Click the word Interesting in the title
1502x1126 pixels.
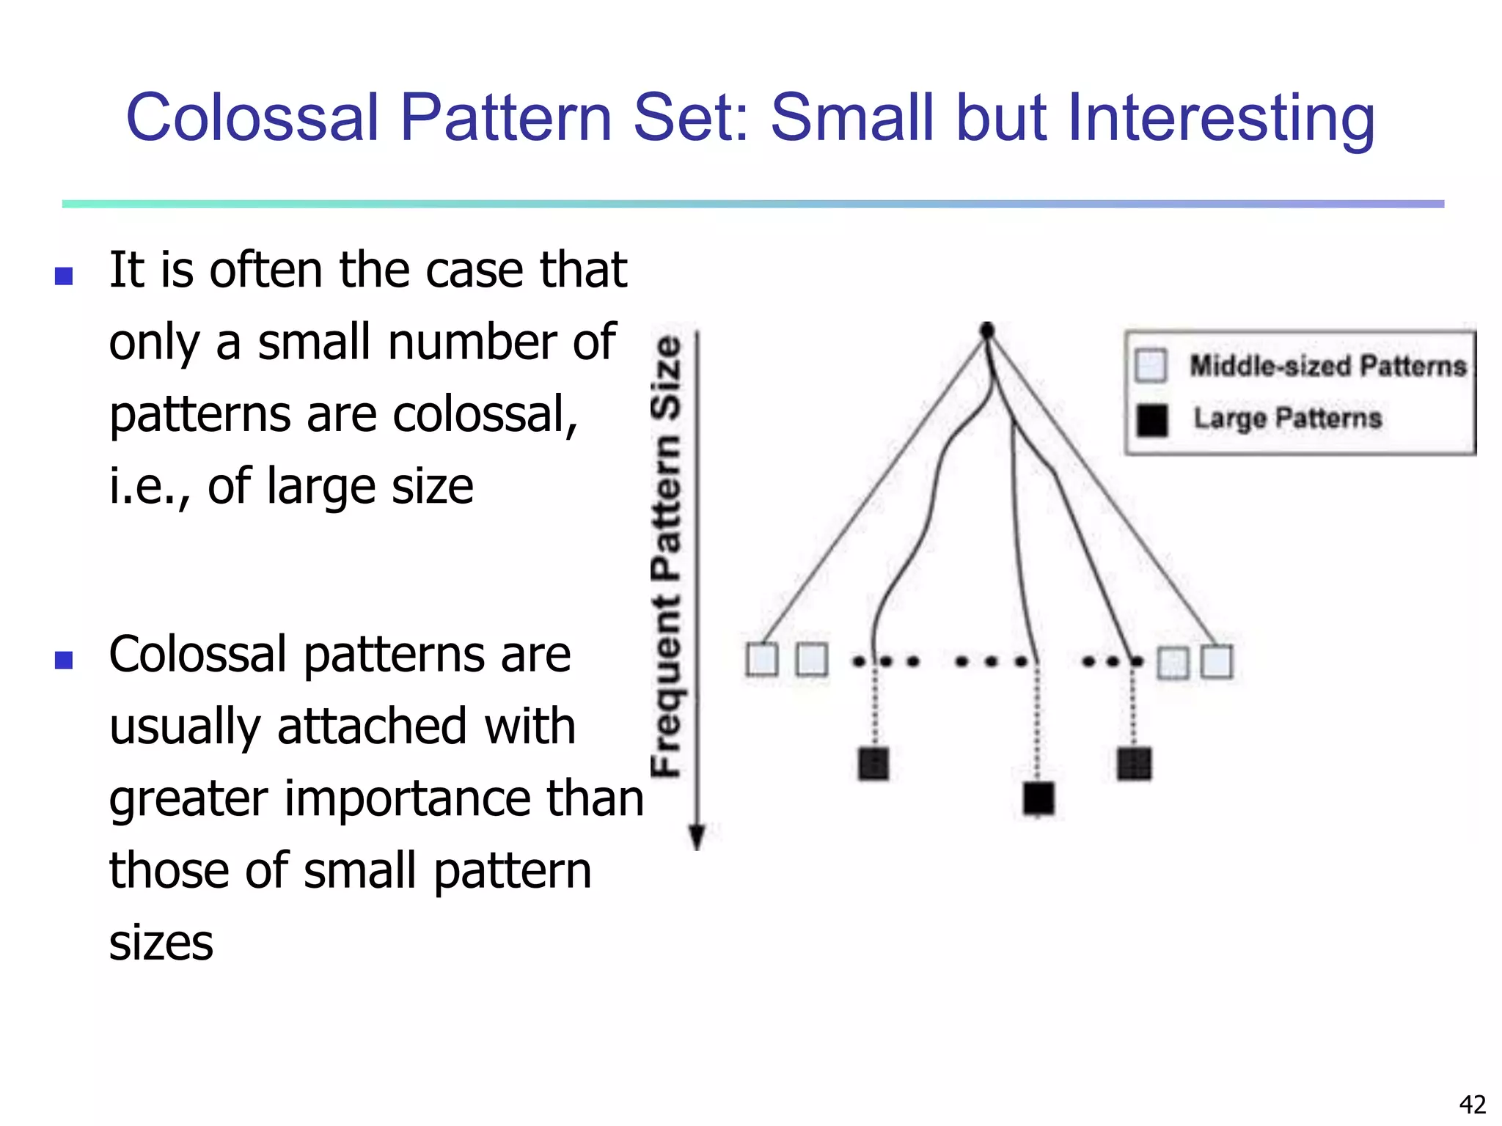coord(1220,119)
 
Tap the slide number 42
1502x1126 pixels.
coord(1472,1104)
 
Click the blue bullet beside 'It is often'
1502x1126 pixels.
coord(65,276)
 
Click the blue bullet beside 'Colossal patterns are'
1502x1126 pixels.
coord(65,660)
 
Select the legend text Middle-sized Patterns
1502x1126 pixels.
coord(1327,365)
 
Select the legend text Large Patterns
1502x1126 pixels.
coord(1287,419)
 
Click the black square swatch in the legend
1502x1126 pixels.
coord(1152,420)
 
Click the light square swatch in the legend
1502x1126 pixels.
coord(1151,365)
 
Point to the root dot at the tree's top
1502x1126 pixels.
coord(987,330)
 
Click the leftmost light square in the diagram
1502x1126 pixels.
coord(762,659)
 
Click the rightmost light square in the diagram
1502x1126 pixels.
coord(1217,661)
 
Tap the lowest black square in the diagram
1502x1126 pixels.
coord(1038,798)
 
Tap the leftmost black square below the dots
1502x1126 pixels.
coord(873,763)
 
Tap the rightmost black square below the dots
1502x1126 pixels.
coord(1135,764)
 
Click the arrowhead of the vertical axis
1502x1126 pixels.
coord(697,837)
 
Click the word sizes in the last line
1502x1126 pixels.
coord(161,943)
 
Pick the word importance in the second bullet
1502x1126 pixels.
coord(411,798)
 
